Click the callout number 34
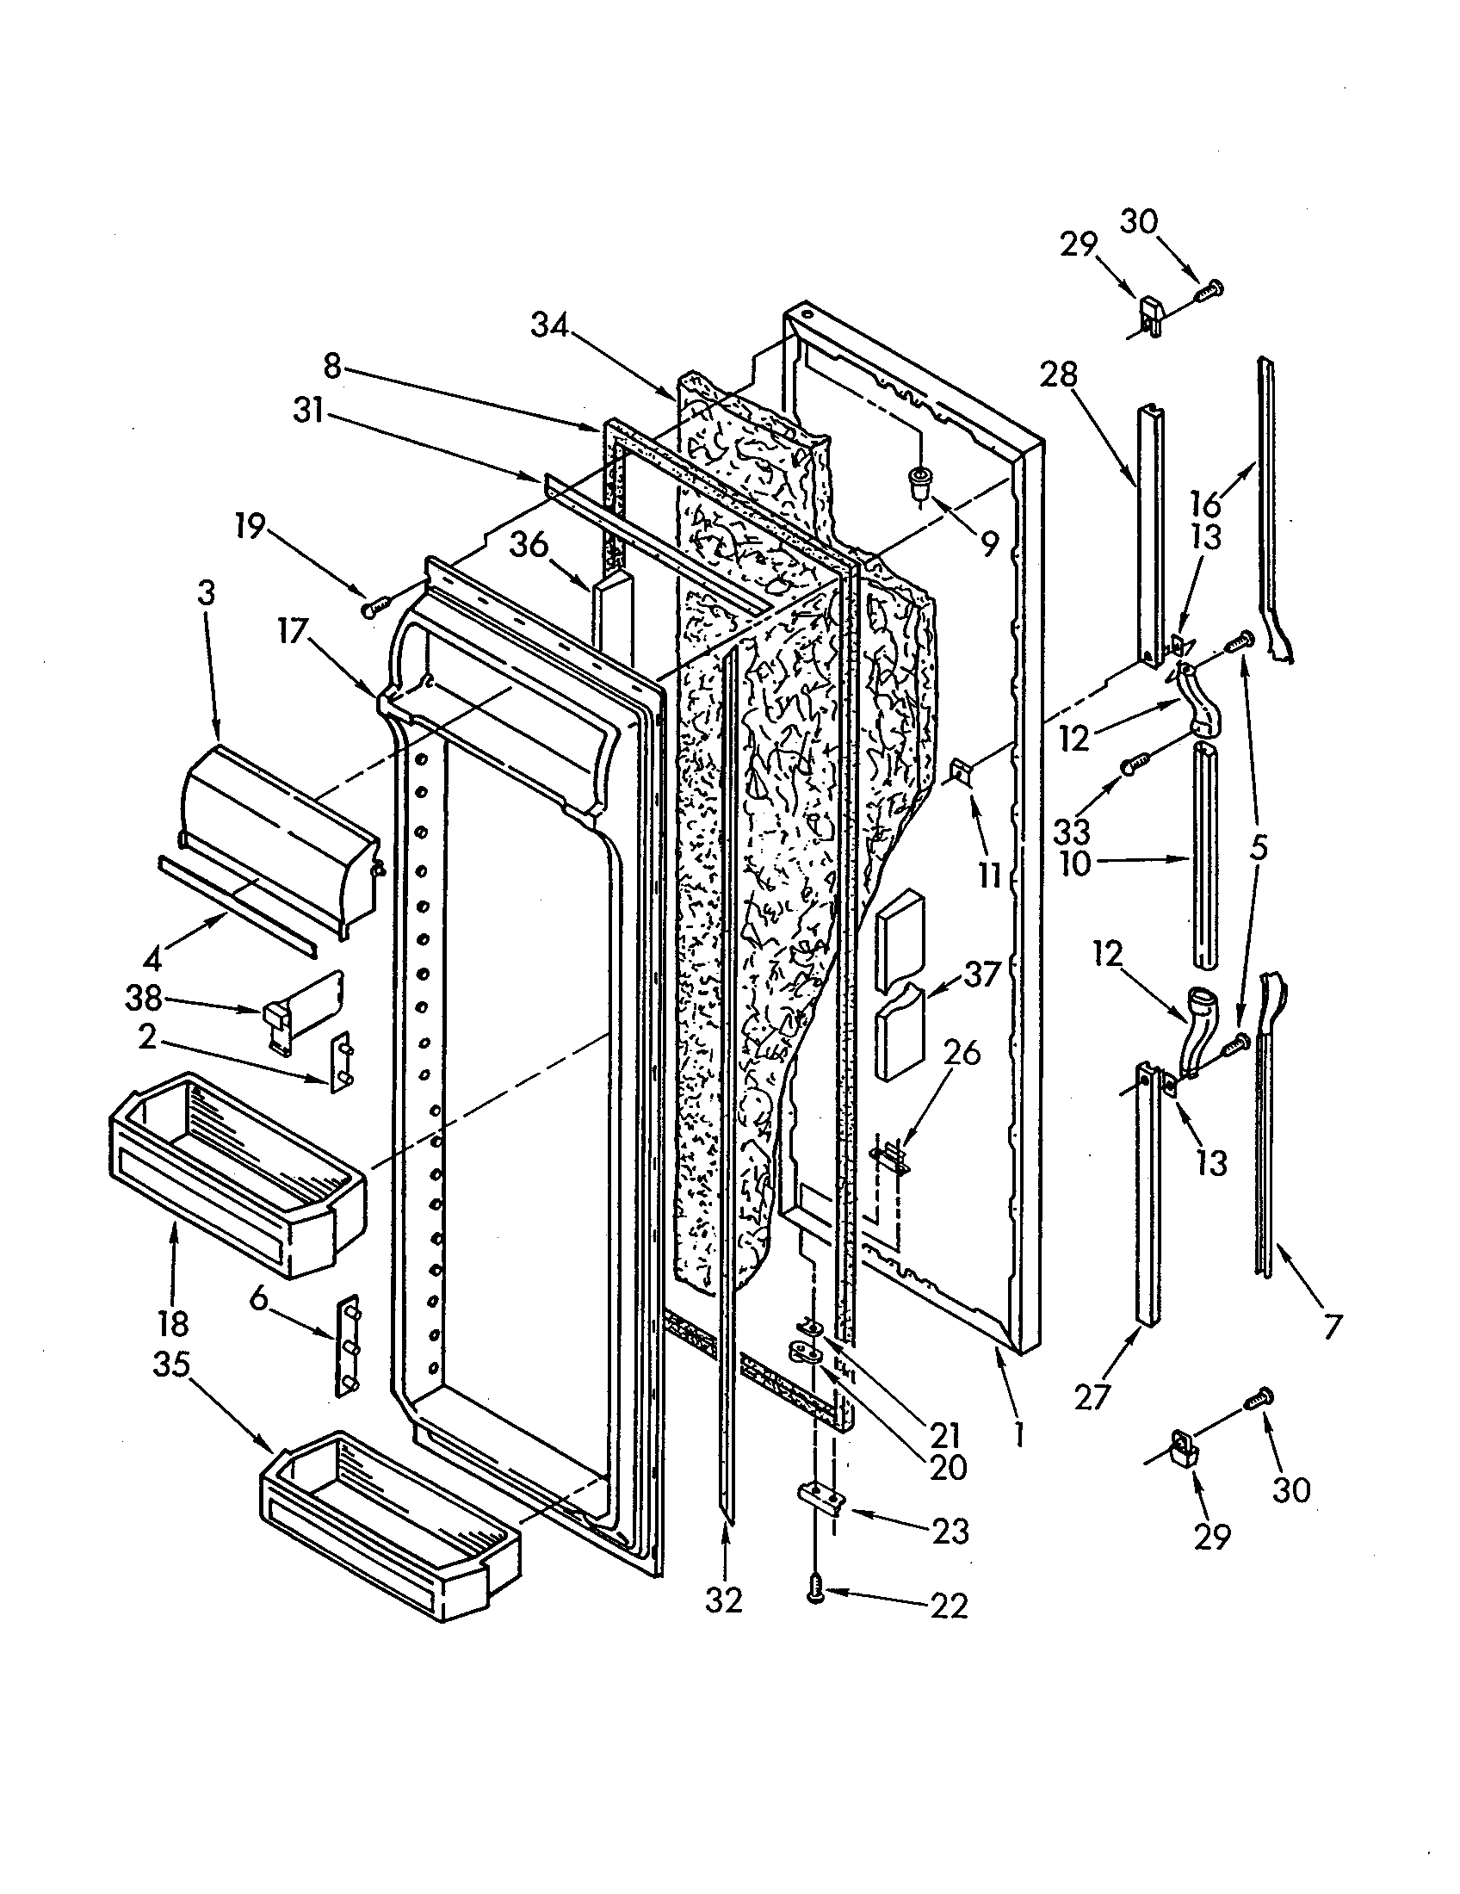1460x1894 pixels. [550, 326]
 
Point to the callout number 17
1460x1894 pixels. [293, 631]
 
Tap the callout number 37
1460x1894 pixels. [981, 975]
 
